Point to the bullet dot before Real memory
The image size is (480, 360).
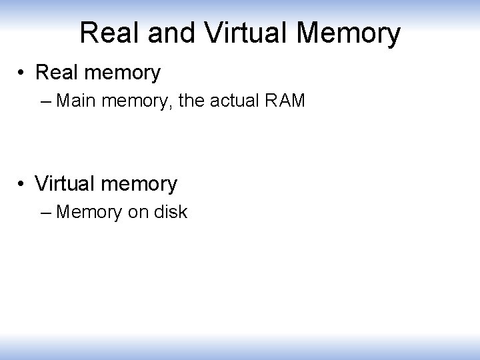[23, 73]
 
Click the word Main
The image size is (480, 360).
[75, 102]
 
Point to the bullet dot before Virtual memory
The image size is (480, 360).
[23, 183]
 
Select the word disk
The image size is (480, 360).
[170, 213]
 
